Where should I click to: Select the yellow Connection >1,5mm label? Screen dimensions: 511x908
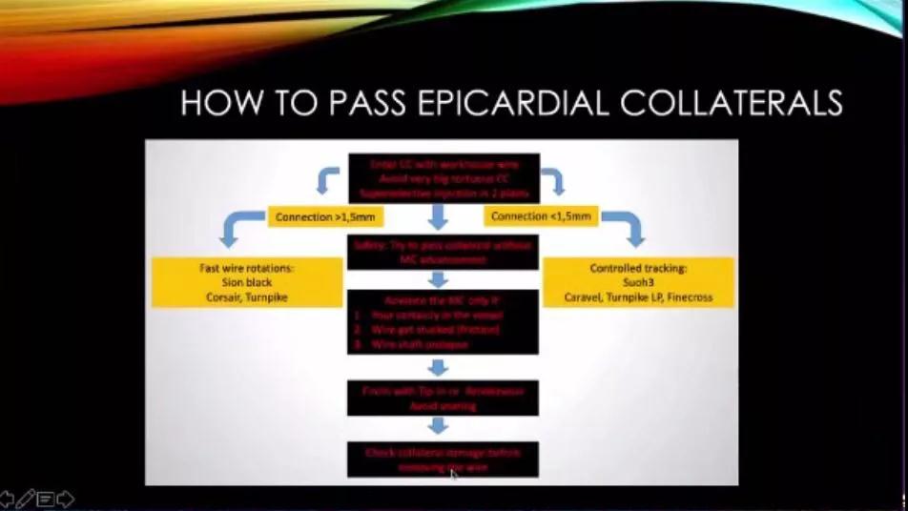(x=326, y=217)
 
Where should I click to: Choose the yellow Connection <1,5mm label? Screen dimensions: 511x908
(x=541, y=216)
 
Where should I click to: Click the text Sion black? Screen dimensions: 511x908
(x=247, y=283)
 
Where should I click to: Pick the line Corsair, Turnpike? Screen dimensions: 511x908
(x=247, y=297)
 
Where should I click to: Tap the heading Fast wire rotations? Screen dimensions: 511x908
(x=247, y=269)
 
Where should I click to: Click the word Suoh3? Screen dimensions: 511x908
(x=638, y=283)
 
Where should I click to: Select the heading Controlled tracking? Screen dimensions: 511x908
(x=638, y=269)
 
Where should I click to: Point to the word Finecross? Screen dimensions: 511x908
(x=685, y=297)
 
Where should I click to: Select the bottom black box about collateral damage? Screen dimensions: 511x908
(x=444, y=459)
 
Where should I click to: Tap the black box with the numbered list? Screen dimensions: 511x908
(x=444, y=321)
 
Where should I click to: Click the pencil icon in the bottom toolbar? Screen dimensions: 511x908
(x=26, y=498)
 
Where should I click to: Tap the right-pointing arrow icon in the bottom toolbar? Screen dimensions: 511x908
(x=65, y=498)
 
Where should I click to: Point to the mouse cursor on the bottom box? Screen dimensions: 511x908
(x=454, y=474)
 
